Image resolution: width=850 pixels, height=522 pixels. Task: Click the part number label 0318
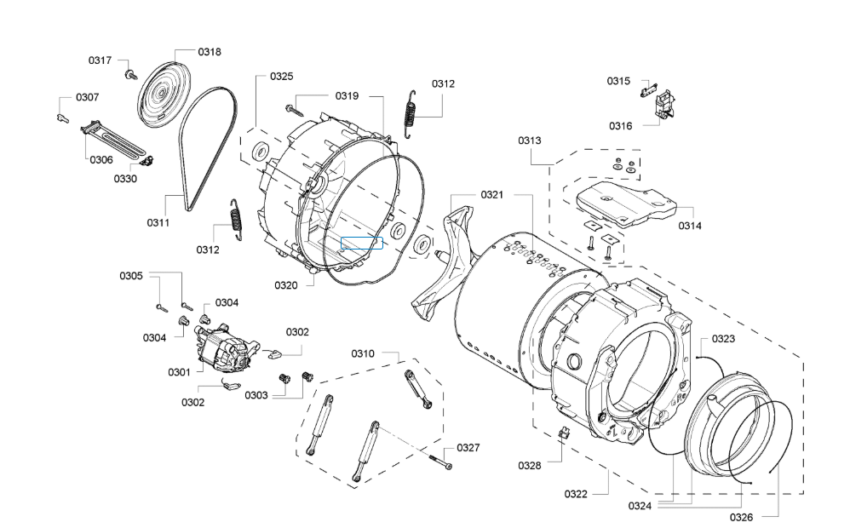[210, 52]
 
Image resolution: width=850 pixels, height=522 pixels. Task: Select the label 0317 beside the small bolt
[100, 60]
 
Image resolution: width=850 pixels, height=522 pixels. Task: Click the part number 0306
[101, 159]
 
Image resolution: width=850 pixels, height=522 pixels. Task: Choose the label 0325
[282, 77]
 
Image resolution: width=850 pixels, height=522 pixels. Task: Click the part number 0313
[530, 141]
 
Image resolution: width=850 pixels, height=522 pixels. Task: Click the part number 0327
[468, 448]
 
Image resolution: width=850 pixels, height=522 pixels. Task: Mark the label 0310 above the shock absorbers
[363, 353]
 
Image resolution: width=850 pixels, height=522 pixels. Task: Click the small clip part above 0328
[562, 434]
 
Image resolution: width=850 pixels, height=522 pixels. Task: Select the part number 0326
[741, 516]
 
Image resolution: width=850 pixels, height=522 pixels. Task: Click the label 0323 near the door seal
[723, 339]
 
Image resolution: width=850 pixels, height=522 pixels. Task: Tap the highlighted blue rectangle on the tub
[361, 243]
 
